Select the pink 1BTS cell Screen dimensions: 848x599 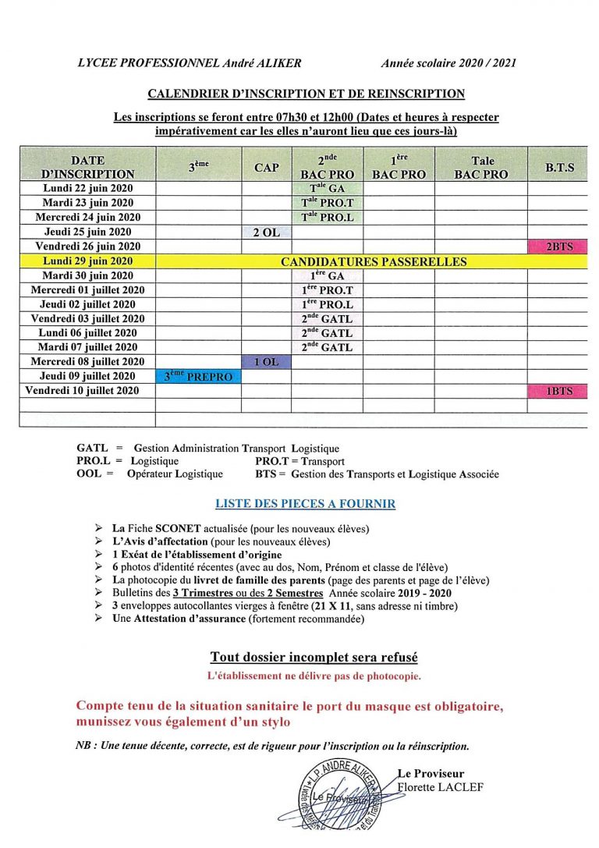(558, 391)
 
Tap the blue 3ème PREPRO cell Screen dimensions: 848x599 (198, 377)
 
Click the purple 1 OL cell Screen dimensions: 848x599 (266, 362)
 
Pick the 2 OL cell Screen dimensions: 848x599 (266, 232)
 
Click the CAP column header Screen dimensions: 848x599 (266, 168)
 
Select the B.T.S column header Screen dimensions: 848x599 (559, 168)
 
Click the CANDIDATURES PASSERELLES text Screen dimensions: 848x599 (373, 262)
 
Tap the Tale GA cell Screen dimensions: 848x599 (327, 189)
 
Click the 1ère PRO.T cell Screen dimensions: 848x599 (327, 290)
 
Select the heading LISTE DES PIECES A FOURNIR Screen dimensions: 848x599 (305, 504)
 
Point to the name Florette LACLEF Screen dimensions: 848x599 (441, 787)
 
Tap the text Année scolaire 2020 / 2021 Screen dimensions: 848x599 (448, 63)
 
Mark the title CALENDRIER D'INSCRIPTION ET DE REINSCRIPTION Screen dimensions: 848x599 (307, 94)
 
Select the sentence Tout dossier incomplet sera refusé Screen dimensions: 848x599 (308, 658)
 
